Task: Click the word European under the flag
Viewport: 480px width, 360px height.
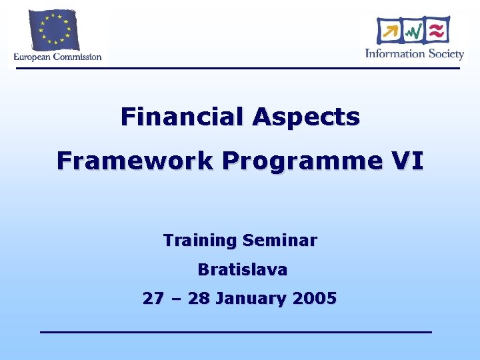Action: (33, 57)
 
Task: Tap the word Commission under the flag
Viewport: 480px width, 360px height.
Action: (77, 57)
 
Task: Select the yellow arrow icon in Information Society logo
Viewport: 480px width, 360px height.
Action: (389, 31)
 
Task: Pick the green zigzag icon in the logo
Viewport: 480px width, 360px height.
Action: (413, 31)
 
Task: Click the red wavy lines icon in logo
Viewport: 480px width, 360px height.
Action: (437, 30)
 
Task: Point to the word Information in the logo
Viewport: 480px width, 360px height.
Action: (395, 53)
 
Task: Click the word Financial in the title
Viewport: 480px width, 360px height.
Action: (183, 117)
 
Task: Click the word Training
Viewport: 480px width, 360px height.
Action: (200, 240)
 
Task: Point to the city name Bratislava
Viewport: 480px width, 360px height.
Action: (242, 270)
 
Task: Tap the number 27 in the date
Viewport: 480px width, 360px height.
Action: (153, 299)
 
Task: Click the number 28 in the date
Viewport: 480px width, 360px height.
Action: (199, 299)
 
